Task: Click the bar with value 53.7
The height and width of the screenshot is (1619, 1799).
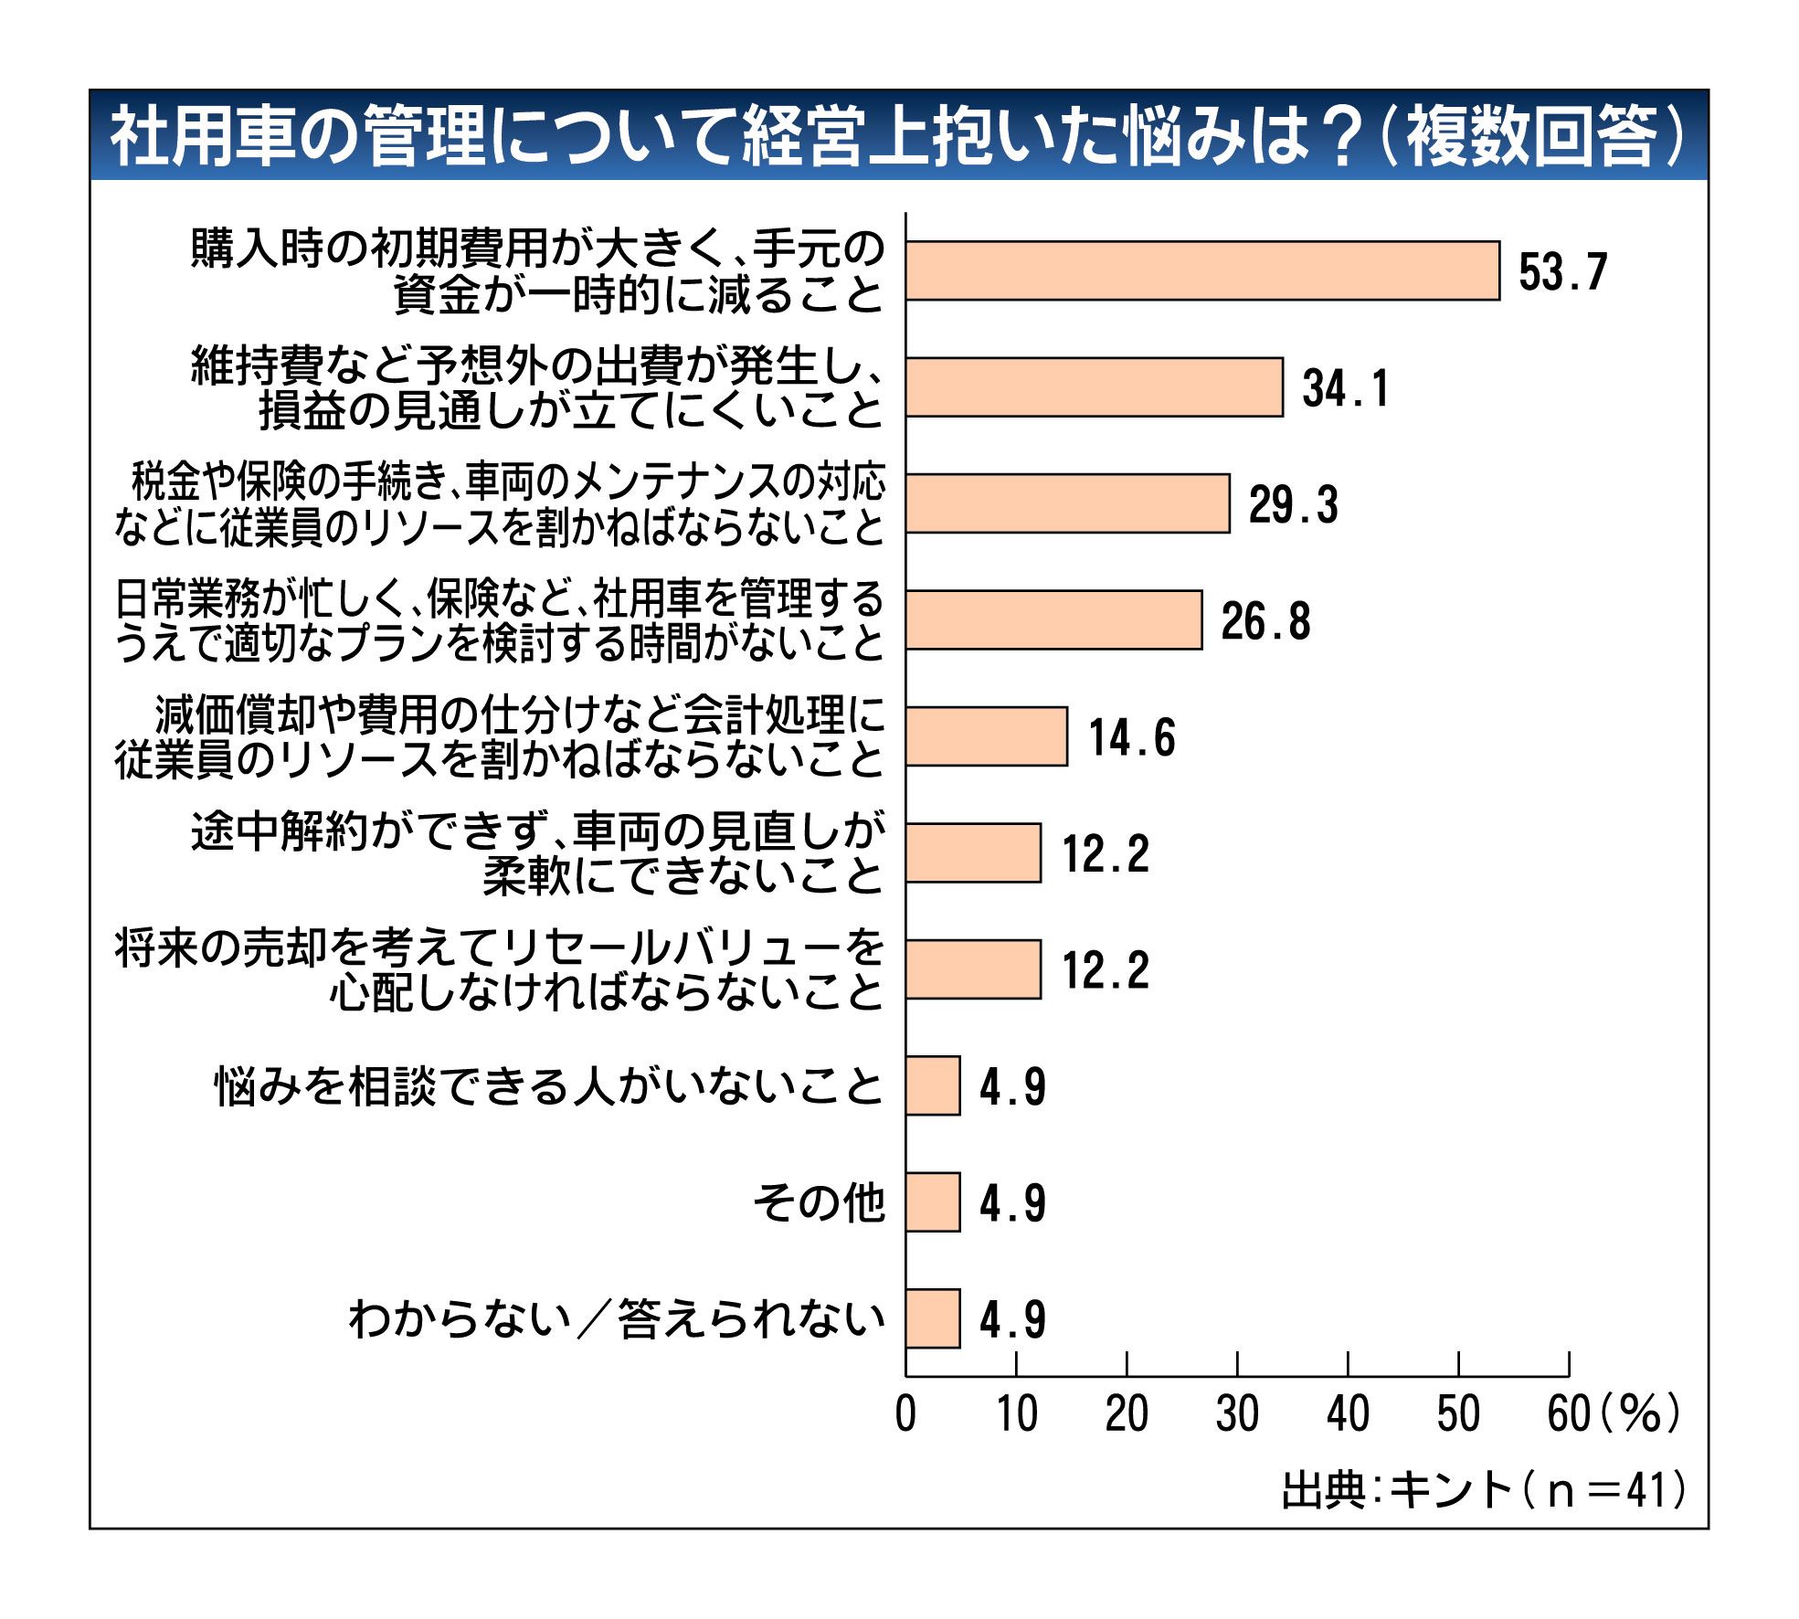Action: click(1201, 270)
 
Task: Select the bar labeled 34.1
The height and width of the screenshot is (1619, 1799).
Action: click(1094, 387)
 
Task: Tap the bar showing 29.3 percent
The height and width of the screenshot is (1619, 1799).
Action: click(1067, 503)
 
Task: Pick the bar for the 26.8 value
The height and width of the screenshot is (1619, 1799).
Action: click(1053, 620)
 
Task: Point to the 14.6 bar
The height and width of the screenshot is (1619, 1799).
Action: click(986, 736)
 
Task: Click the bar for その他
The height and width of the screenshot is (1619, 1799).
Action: click(933, 1202)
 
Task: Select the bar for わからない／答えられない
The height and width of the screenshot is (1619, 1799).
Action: click(933, 1318)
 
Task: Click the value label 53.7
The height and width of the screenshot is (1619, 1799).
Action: click(1561, 271)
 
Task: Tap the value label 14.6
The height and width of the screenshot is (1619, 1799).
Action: click(1131, 737)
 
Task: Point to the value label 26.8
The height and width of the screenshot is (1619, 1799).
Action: click(1265, 621)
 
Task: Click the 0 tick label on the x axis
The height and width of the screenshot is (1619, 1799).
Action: click(905, 1414)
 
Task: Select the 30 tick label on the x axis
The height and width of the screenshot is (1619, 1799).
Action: click(1236, 1414)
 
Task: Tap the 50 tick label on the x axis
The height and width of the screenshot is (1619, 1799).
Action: click(1457, 1414)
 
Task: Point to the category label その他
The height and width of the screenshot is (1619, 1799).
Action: click(819, 1202)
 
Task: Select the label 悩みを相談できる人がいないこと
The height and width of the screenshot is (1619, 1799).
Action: click(549, 1086)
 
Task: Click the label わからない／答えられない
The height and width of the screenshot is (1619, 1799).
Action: click(617, 1319)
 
